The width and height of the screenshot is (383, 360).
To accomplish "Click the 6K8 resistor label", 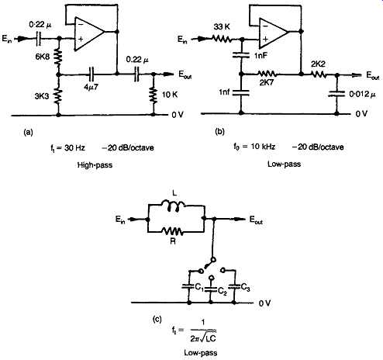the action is (x=43, y=57).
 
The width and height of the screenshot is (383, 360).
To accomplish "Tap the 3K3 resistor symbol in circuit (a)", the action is (x=59, y=94).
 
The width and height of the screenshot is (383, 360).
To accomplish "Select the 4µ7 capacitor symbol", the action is (x=91, y=74).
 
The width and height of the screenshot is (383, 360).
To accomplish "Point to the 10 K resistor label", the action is (x=170, y=95).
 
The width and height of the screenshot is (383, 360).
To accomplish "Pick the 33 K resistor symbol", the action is (x=222, y=39).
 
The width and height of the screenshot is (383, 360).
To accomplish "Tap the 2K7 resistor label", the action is (x=267, y=82).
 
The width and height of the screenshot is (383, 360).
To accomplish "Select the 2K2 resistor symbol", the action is (x=319, y=74).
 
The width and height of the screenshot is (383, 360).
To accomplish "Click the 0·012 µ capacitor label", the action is (x=362, y=95).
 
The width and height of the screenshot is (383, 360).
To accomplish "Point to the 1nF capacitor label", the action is (x=261, y=56).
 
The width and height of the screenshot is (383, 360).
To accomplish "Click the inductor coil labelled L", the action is (x=173, y=204).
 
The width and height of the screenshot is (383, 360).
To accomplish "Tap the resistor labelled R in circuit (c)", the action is (x=173, y=230).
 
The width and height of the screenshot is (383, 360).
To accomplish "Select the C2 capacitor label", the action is (x=223, y=292).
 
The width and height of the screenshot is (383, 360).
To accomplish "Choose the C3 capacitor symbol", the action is (x=234, y=286).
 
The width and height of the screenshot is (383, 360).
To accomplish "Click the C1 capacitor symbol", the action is (x=188, y=286).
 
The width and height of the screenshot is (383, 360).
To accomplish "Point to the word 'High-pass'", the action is (x=95, y=165).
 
